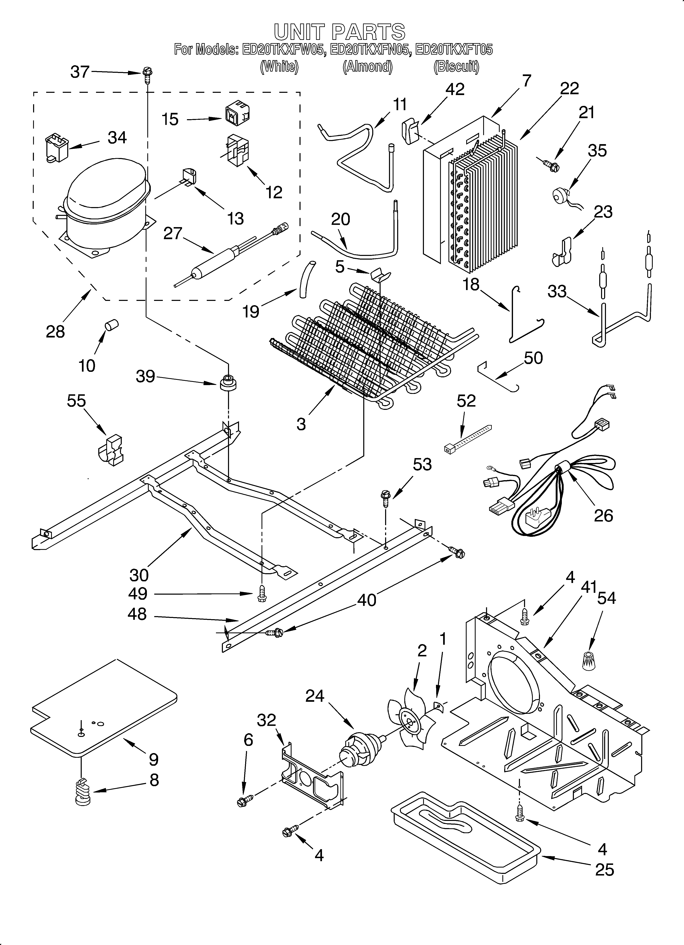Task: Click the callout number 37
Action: [80, 72]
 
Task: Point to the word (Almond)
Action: [367, 67]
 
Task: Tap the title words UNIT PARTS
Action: [340, 32]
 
